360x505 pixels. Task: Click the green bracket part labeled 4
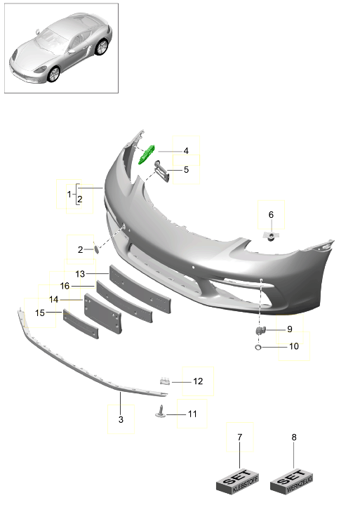pos(148,154)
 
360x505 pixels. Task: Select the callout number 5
pos(186,169)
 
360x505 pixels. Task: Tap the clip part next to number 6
pos(271,235)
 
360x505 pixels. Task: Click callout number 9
pos(288,329)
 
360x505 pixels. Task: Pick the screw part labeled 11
pos(161,413)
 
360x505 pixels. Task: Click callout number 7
pos(239,438)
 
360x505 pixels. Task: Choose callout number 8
pos(294,438)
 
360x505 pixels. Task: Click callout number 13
pos(80,273)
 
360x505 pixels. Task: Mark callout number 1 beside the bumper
pos(69,192)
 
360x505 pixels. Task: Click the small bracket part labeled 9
pos(260,329)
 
